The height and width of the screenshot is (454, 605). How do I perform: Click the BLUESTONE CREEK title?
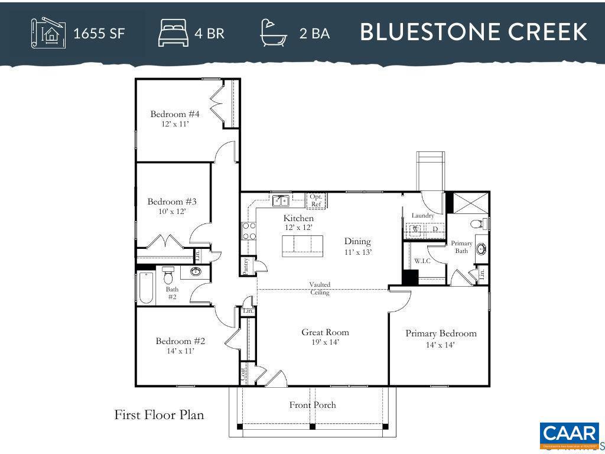tap(473, 32)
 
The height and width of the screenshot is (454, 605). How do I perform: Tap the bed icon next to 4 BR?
tap(173, 33)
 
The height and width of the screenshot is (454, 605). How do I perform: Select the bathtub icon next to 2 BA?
tap(274, 33)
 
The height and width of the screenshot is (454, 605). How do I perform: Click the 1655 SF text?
tap(99, 33)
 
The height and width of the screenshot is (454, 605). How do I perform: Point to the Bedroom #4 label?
tap(175, 114)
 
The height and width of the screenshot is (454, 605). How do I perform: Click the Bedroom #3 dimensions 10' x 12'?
tap(172, 211)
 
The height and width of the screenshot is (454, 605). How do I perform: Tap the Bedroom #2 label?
tap(180, 341)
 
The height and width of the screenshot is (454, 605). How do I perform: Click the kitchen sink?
tap(279, 200)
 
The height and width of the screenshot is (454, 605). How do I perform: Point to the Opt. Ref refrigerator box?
tap(316, 200)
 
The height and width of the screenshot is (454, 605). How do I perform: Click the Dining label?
tap(357, 241)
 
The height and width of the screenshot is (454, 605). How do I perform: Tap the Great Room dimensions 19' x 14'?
tap(325, 342)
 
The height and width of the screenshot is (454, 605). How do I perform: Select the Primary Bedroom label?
tap(441, 333)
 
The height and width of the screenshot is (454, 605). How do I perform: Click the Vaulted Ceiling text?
tap(320, 288)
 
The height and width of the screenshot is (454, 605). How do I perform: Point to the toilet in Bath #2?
tap(168, 275)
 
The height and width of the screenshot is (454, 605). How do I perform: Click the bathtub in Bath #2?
tap(145, 288)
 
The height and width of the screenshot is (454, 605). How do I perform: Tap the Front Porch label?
tap(313, 405)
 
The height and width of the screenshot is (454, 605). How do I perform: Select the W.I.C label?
tap(422, 261)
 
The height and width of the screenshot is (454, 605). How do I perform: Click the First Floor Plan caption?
tap(159, 415)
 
